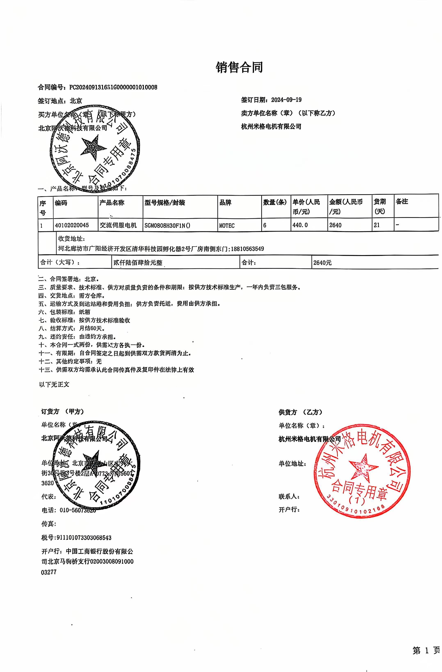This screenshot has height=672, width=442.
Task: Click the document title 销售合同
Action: tap(239, 67)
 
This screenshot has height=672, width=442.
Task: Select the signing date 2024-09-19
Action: tap(286, 100)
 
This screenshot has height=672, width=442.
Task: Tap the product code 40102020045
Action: tap(72, 225)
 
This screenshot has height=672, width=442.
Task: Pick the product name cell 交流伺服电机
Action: tap(118, 225)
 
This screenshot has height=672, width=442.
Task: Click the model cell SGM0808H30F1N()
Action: tap(167, 225)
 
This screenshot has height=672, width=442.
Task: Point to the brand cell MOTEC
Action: tap(227, 225)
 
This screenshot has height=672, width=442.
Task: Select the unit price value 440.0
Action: tap(300, 225)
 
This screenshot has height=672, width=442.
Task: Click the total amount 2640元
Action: tap(322, 263)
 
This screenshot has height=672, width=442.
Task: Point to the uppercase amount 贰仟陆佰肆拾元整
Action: tap(138, 263)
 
